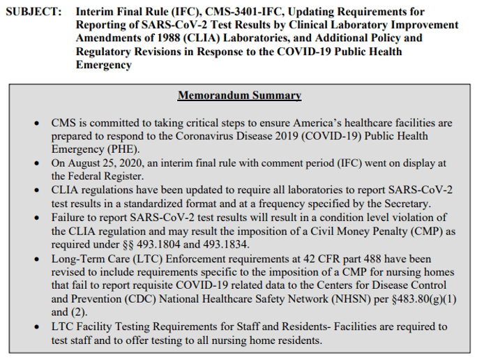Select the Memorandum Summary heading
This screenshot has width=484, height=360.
click(x=239, y=96)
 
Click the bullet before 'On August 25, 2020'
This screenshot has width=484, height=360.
click(x=36, y=163)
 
